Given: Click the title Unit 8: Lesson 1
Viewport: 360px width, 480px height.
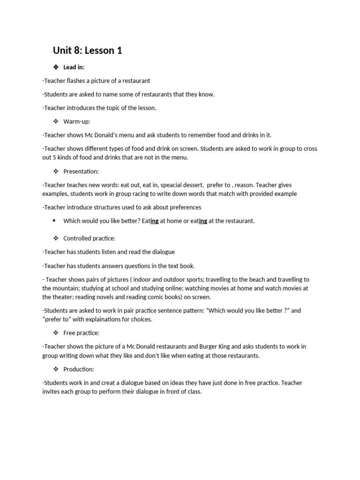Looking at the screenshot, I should click(87, 51).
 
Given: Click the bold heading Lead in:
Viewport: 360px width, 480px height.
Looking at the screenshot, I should click(74, 67).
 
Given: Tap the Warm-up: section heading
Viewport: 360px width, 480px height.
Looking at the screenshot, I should click(77, 121).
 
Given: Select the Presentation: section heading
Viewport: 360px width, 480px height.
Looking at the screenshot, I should click(81, 172).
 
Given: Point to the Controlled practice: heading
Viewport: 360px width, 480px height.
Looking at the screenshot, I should click(89, 239).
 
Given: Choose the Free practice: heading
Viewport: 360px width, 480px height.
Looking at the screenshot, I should click(81, 333).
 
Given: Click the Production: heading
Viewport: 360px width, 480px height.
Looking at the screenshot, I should click(79, 369).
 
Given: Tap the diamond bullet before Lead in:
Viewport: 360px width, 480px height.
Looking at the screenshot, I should click(56, 67).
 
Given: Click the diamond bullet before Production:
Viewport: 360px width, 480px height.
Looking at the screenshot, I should click(56, 369).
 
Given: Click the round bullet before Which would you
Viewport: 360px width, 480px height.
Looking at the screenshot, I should click(54, 221).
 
